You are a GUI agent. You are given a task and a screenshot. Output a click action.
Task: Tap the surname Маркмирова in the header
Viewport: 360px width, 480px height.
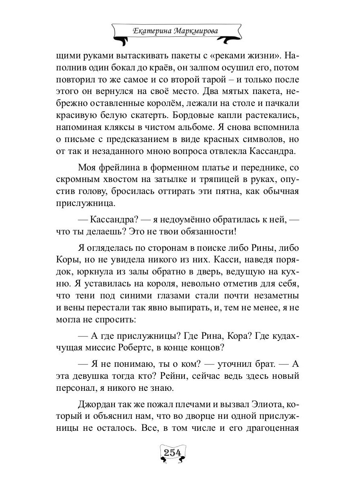(199, 31)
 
